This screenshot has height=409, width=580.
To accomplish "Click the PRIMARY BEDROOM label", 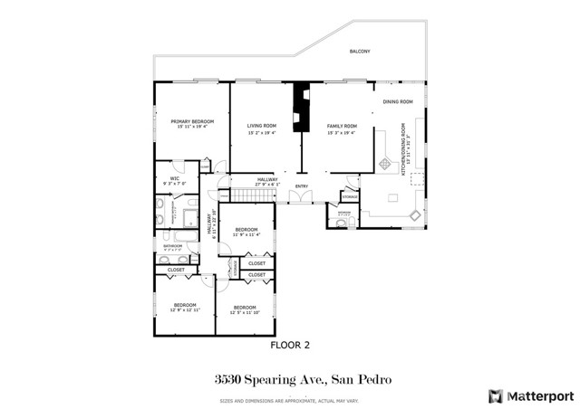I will click(192, 120).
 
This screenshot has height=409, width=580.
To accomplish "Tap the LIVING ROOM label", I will click(261, 126).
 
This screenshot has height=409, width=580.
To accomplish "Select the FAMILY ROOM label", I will click(342, 126).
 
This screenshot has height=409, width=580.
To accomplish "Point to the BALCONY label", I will click(360, 52).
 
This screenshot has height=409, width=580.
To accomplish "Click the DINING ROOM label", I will click(397, 102).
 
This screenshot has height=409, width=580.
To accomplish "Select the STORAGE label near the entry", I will click(350, 195).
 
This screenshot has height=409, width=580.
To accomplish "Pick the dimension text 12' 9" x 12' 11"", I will click(185, 311).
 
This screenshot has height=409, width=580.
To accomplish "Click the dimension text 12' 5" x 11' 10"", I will click(244, 312).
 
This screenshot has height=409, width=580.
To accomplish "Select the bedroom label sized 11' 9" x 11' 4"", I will click(246, 230).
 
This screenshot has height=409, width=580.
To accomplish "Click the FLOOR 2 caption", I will click(291, 345).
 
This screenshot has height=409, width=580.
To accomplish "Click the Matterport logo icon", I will click(494, 395).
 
